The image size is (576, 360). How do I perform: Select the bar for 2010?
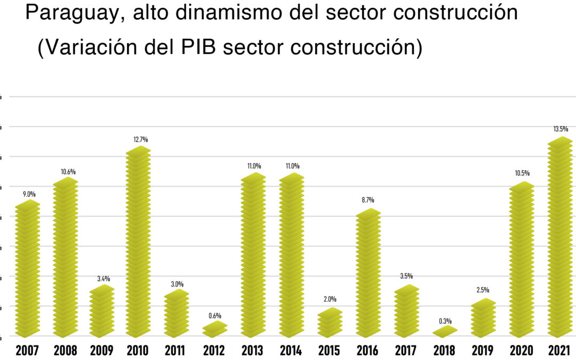pos(139,243)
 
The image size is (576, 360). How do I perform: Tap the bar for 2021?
pos(561,237)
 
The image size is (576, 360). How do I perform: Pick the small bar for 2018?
pos(445,332)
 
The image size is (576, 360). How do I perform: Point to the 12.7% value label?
pos(141,140)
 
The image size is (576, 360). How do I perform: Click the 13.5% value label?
pos(561,129)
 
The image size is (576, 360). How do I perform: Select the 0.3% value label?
pos(445,321)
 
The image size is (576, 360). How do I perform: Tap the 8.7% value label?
pos(368,200)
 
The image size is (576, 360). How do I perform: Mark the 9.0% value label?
pos(29,195)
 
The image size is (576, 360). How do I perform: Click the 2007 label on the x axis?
pos(27,350)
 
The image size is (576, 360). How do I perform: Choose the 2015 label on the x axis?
pos(329,350)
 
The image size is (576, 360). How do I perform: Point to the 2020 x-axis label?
pos(521,350)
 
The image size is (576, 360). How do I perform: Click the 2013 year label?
pos(253,350)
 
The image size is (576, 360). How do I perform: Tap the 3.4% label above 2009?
pos(103,279)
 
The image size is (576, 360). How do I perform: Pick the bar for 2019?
pos(483,318)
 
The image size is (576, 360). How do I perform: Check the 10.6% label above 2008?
pos(68,172)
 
